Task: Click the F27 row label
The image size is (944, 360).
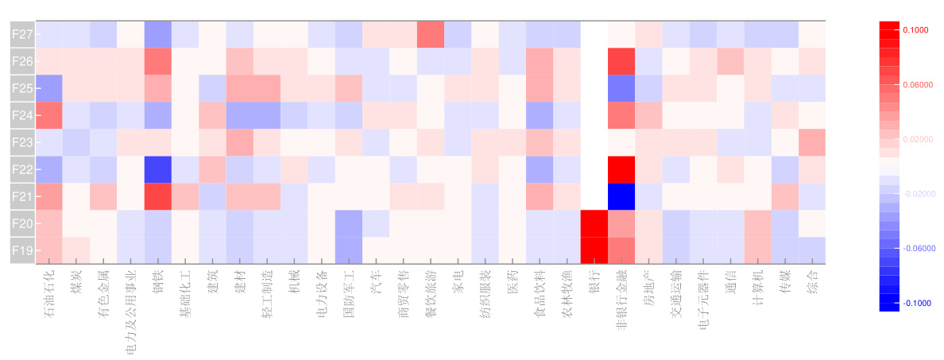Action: (22, 34)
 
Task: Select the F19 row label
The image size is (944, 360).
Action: (22, 250)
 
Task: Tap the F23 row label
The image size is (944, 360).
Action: (22, 142)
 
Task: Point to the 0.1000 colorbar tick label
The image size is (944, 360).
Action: (916, 30)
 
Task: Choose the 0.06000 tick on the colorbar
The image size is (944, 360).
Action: (916, 84)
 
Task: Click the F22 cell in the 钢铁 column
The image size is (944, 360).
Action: (158, 169)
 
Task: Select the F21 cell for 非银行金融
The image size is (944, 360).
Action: (621, 196)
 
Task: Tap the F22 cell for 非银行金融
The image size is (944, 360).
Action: (621, 169)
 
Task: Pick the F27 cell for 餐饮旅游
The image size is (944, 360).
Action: (431, 34)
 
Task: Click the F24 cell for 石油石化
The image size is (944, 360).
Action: (49, 115)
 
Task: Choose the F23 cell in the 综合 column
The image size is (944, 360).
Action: (812, 142)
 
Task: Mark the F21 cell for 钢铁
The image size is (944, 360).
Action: (158, 196)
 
